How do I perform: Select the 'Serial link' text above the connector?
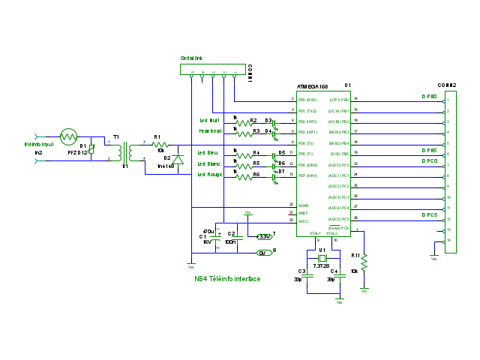pos(191,58)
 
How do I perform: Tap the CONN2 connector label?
pos(447,85)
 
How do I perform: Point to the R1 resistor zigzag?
pos(159,145)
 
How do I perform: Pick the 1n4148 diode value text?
pos(165,166)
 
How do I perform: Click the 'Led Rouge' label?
pos(209,175)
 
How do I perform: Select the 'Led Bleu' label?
pos(208,152)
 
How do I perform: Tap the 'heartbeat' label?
pos(210,130)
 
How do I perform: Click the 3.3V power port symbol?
pos(264,236)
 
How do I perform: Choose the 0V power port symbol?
pos(263,253)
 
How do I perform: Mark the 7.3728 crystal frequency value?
pos(322,265)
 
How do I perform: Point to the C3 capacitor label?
pos(301,271)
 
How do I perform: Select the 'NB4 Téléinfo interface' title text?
pos(227,279)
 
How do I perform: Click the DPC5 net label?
pos(429,214)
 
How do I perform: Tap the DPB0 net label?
pos(429,97)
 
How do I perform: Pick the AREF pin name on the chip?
pos(304,213)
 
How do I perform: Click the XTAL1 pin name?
pos(315,233)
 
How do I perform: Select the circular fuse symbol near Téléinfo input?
pos(68,136)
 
